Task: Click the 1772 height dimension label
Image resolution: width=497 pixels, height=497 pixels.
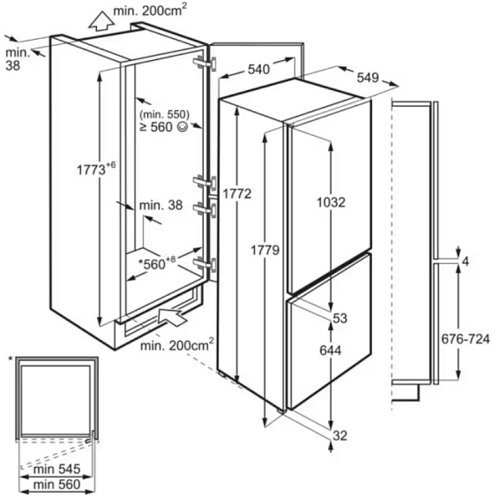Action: (x=237, y=194)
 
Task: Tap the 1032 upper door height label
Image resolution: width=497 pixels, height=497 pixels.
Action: (x=331, y=202)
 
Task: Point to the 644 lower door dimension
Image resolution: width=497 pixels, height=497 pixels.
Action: (x=331, y=350)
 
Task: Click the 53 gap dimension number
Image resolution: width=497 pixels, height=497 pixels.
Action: (x=340, y=318)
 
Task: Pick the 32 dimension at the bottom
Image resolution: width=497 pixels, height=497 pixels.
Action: (x=340, y=436)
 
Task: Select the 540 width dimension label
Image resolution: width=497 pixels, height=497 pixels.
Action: (x=258, y=69)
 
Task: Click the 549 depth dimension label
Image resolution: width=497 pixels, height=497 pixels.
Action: (x=368, y=77)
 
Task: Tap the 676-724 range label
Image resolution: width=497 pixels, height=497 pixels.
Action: (x=465, y=339)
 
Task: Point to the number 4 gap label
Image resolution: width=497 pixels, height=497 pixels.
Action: (x=465, y=262)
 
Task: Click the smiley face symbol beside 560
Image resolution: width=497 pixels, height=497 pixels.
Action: (x=183, y=127)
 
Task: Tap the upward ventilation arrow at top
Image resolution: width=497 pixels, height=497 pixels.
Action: (x=101, y=21)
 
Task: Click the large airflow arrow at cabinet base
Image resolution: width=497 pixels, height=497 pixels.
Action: (x=172, y=316)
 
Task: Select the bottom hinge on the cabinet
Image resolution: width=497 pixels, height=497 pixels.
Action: (x=205, y=265)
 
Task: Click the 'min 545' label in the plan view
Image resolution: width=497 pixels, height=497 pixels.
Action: (x=57, y=469)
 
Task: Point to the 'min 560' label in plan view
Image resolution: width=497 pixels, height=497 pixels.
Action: (x=57, y=485)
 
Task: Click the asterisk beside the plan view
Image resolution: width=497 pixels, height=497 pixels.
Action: (x=11, y=359)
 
